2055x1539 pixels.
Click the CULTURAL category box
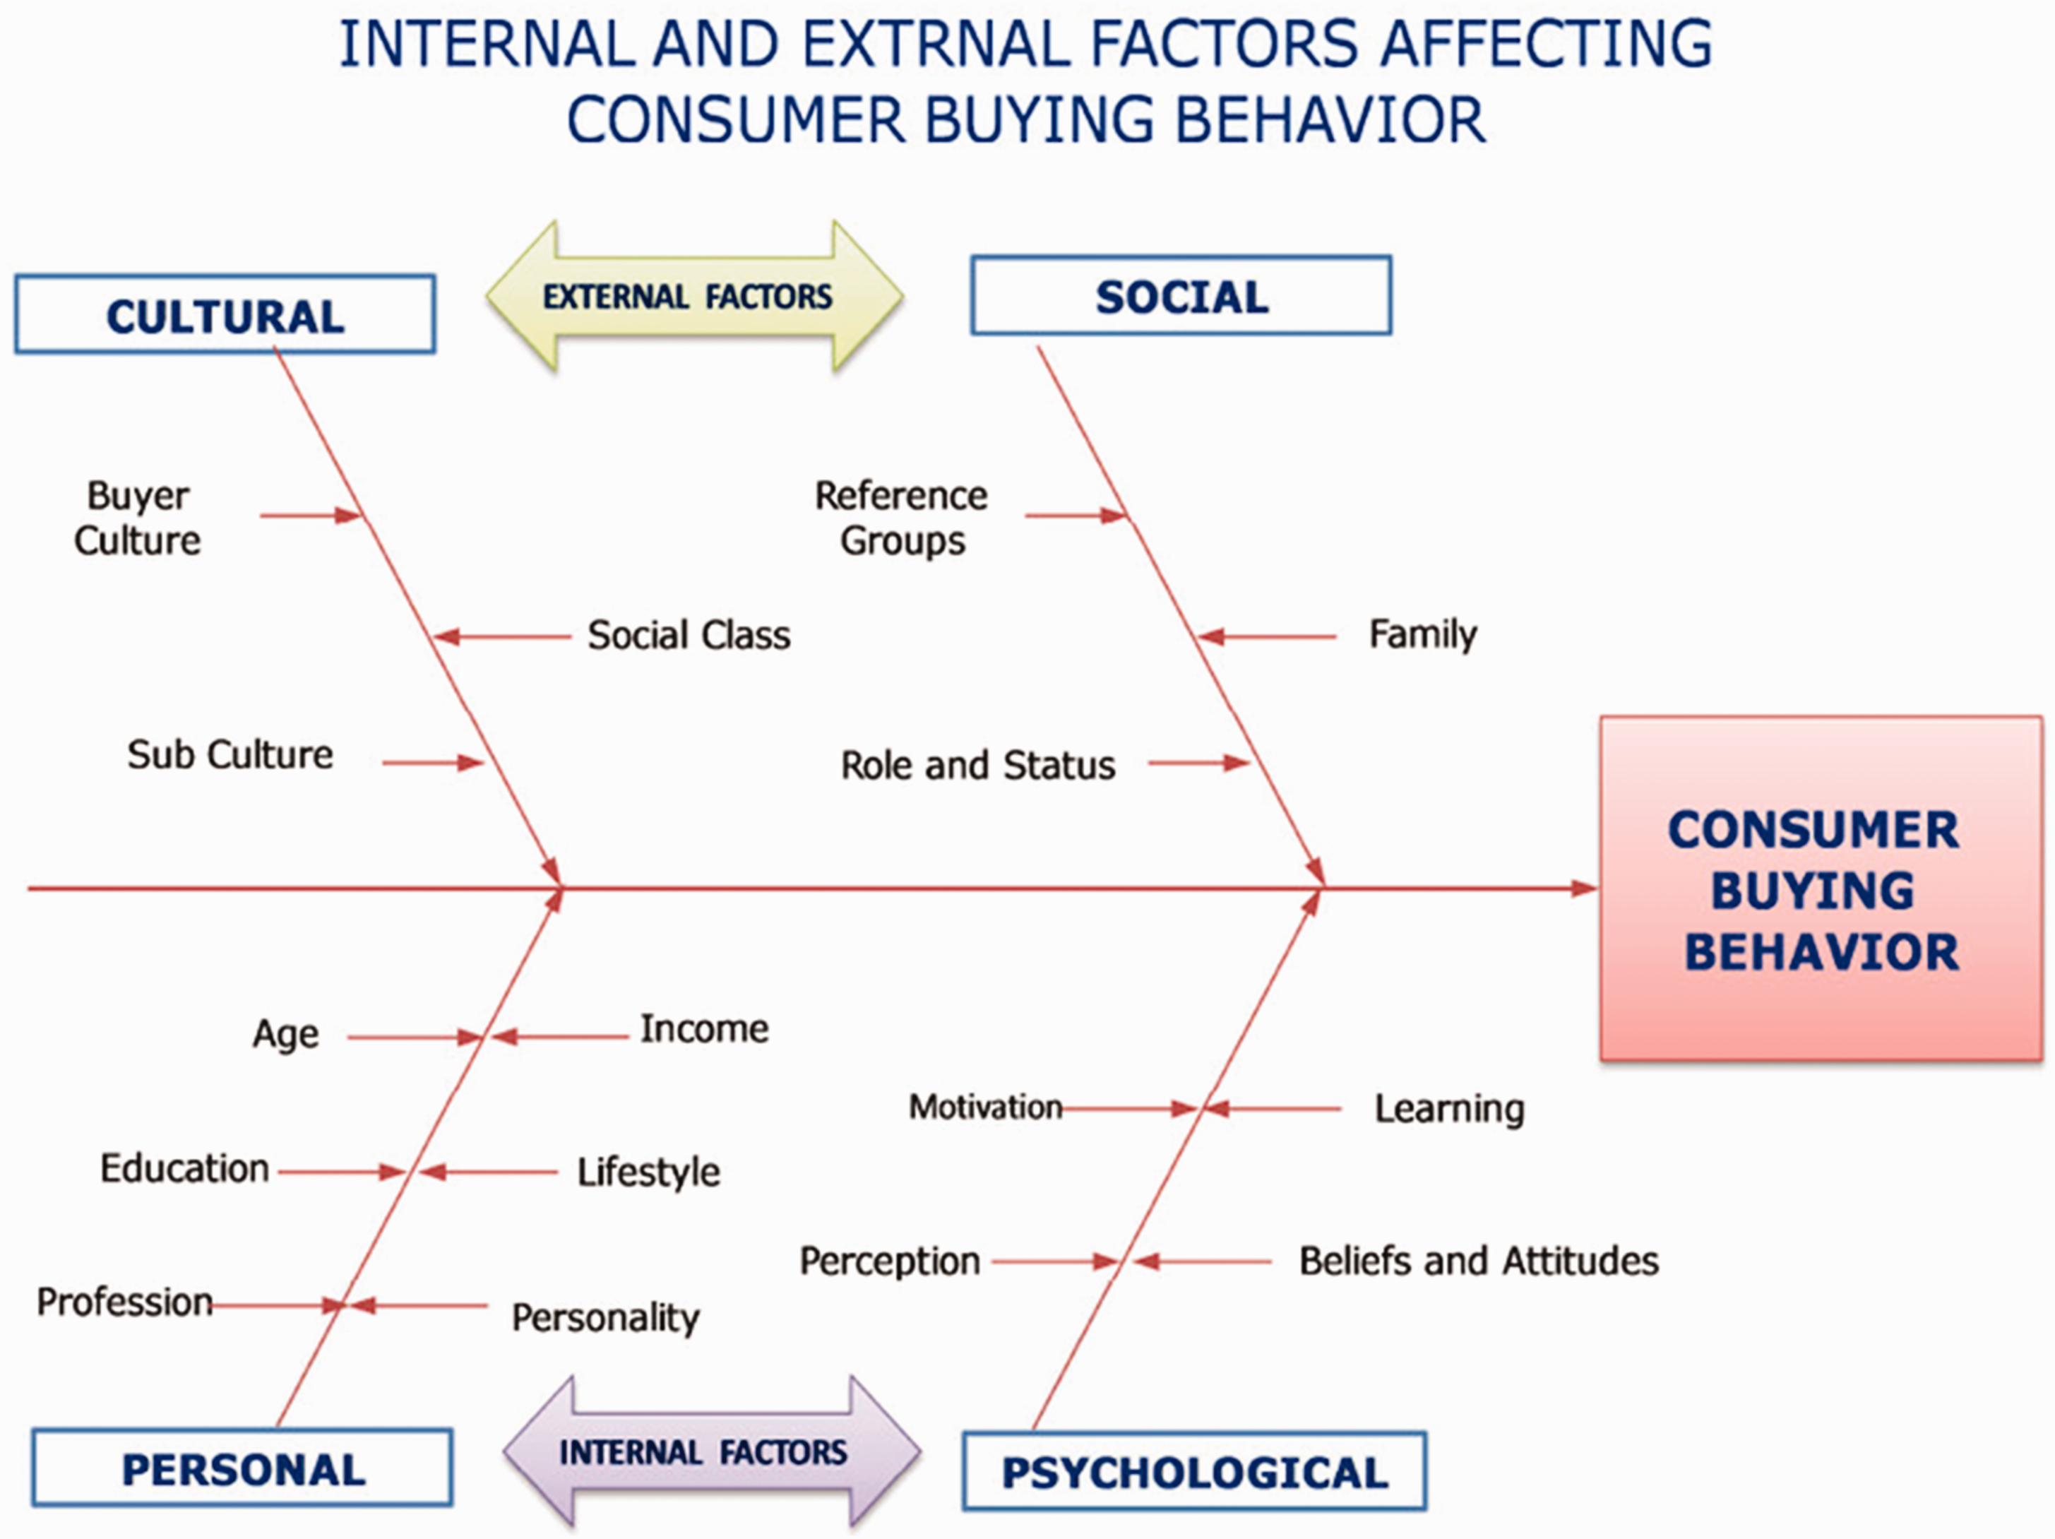(x=225, y=314)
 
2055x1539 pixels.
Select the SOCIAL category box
(x=1181, y=295)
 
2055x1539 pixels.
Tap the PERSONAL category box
(x=242, y=1468)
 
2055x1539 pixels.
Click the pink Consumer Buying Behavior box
(x=1821, y=889)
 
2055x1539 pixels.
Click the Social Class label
(x=689, y=636)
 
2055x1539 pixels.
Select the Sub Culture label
(x=230, y=754)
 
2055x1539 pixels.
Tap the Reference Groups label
(x=901, y=518)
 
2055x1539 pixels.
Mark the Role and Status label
(x=977, y=766)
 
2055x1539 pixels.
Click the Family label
(x=1422, y=636)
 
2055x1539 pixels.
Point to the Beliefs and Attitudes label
(x=1479, y=1261)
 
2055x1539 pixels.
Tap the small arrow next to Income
(x=559, y=1036)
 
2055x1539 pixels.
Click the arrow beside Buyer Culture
(x=310, y=515)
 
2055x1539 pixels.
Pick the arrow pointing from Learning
(x=1272, y=1109)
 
